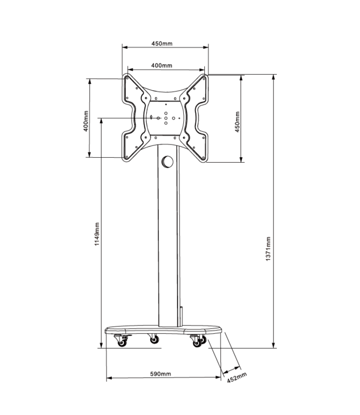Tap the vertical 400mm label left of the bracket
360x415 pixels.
(86, 122)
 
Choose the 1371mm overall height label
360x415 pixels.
(268, 249)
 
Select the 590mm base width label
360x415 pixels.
(161, 373)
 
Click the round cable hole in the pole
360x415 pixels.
(166, 162)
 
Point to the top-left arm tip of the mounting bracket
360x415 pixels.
(128, 79)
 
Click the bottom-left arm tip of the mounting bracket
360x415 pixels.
(128, 157)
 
